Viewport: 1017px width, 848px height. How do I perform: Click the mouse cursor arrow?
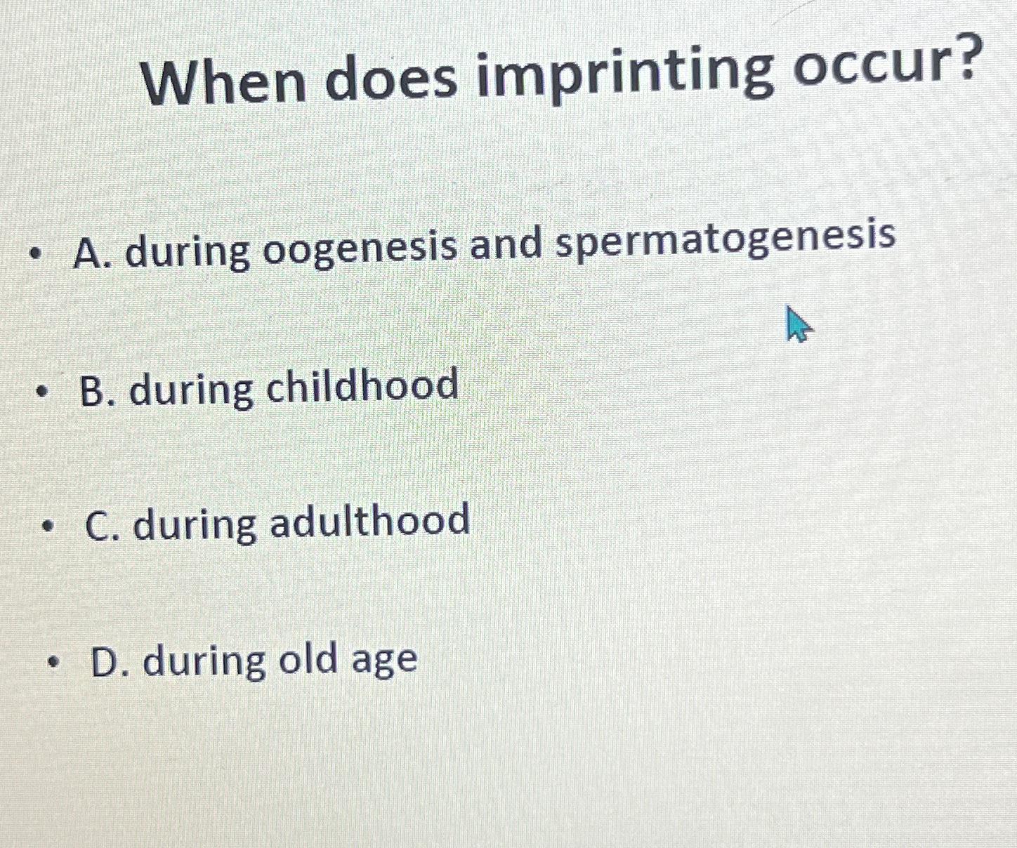pyautogui.click(x=797, y=324)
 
